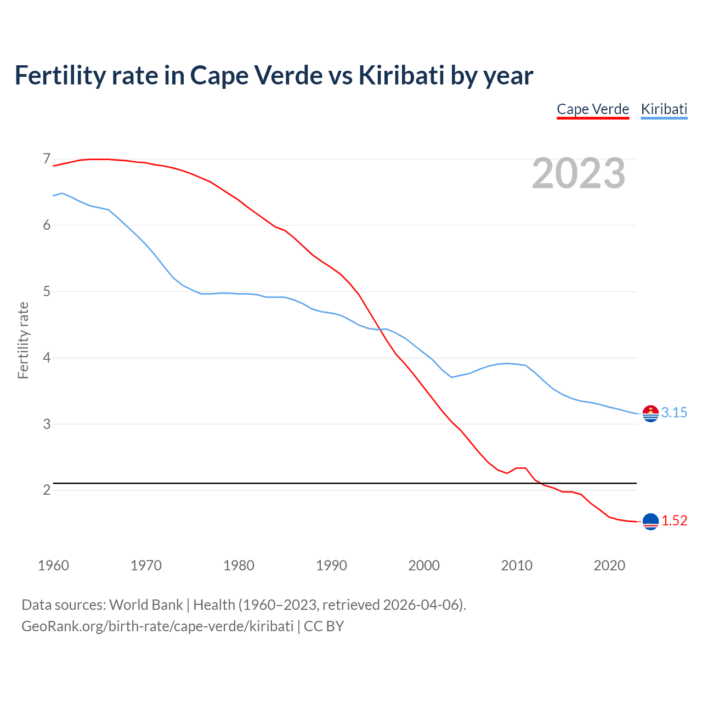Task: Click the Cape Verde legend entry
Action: click(592, 109)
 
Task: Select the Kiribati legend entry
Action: click(664, 109)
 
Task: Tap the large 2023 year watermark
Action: click(579, 173)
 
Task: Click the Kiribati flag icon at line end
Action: click(650, 414)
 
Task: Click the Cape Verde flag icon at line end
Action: click(650, 522)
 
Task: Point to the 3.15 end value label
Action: click(674, 413)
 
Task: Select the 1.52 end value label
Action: click(674, 521)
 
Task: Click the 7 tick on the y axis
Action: click(47, 159)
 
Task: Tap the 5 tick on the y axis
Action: click(47, 291)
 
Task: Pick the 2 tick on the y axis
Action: click(47, 490)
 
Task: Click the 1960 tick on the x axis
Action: click(53, 565)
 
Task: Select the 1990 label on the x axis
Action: click(331, 565)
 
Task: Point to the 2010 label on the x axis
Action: click(517, 565)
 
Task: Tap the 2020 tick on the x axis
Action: click(609, 565)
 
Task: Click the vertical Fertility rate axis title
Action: click(23, 340)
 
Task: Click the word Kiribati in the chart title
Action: click(401, 76)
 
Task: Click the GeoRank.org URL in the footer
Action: click(157, 626)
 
